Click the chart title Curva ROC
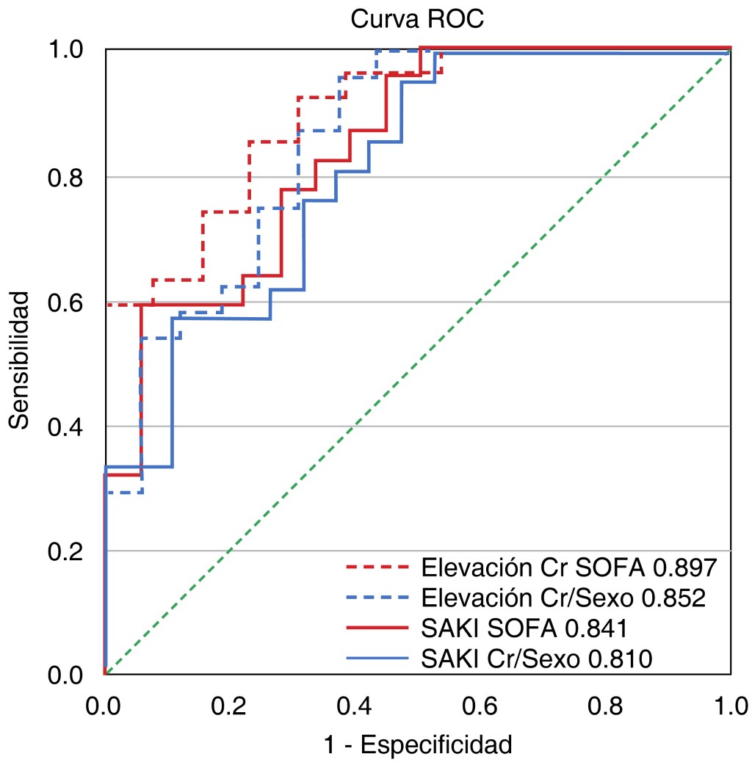417,19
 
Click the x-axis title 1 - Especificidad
418,744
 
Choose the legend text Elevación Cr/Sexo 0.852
564,598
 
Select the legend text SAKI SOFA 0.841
524,629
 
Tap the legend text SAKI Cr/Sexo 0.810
538,659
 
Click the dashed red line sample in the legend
376,568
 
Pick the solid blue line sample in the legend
376,659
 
